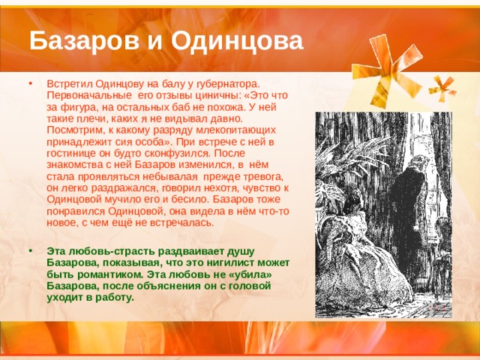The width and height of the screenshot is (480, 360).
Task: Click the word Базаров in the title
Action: point(84,41)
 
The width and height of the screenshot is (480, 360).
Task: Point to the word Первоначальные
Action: point(87,95)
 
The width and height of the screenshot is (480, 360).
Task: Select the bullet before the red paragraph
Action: point(30,83)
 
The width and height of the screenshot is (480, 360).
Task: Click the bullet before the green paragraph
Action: point(30,251)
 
